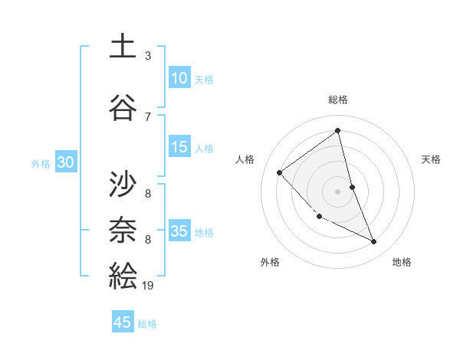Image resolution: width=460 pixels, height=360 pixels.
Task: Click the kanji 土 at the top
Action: tap(123, 46)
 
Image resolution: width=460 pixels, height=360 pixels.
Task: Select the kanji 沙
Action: tap(123, 184)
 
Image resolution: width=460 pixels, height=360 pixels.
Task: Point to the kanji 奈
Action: tap(123, 230)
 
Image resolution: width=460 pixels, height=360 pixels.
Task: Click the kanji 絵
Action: tap(123, 275)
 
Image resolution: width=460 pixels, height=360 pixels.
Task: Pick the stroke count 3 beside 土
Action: tap(148, 56)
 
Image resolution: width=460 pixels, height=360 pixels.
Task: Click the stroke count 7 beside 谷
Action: tap(148, 116)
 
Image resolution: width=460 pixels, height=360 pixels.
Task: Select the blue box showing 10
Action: tap(179, 77)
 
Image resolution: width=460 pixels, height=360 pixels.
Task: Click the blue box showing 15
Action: tap(179, 147)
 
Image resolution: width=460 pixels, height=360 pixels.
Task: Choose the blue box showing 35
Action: tap(179, 231)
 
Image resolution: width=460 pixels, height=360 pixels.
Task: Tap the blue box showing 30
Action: tap(65, 162)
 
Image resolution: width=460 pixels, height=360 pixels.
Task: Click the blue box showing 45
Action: tap(123, 322)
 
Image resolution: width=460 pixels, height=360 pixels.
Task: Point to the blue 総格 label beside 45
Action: tap(147, 324)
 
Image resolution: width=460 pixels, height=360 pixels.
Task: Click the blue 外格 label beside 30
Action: tap(41, 163)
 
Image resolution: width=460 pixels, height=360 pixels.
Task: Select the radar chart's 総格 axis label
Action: tap(338, 100)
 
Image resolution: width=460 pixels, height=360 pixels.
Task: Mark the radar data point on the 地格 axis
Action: tap(374, 241)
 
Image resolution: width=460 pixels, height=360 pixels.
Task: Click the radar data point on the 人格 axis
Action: tap(280, 172)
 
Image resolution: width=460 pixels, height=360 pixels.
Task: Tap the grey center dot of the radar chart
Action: tap(338, 191)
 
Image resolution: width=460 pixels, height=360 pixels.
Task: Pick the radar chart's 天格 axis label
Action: tap(432, 159)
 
